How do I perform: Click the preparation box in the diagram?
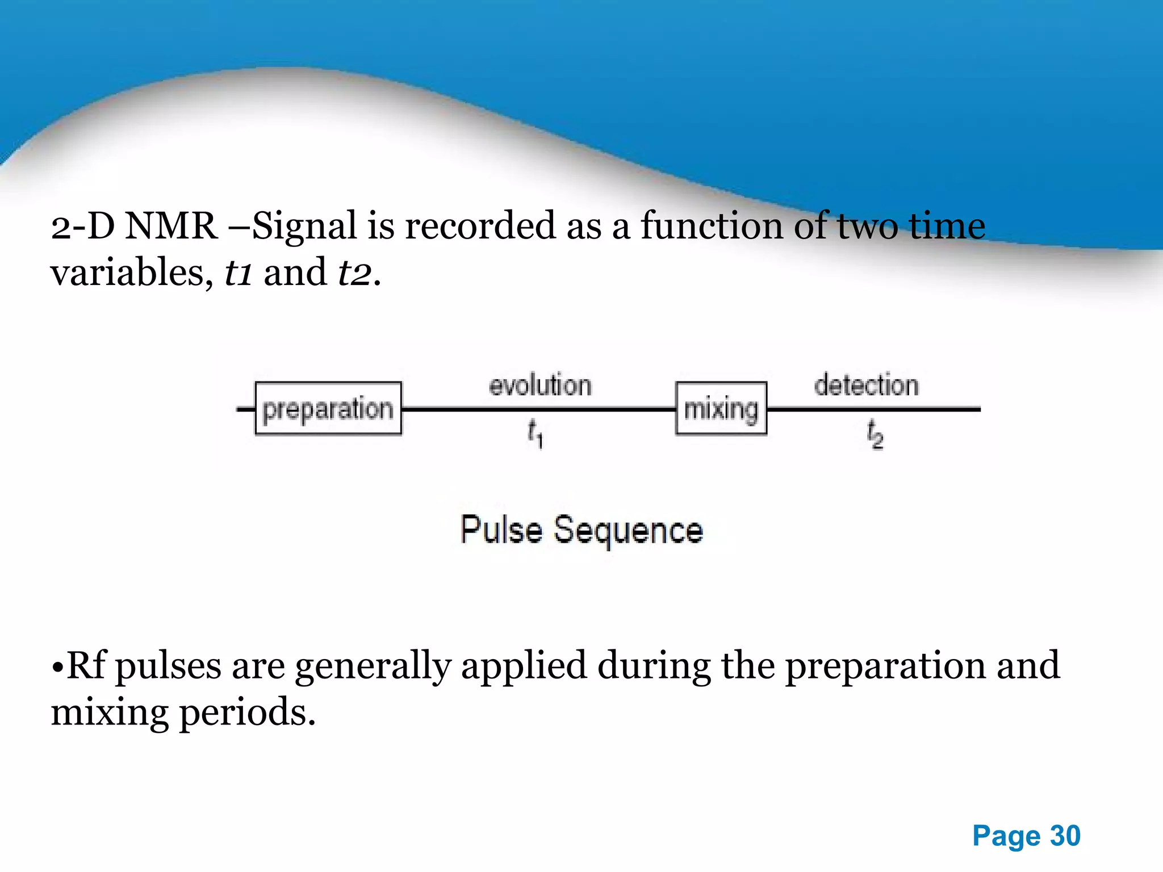[x=328, y=409]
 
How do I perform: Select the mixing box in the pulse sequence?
[x=721, y=409]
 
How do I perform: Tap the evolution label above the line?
[x=540, y=385]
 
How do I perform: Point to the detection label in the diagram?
[x=866, y=385]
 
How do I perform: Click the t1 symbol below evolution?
[x=535, y=434]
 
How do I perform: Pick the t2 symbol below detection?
[x=875, y=435]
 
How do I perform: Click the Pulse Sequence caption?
[x=581, y=530]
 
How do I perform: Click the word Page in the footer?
[x=1006, y=836]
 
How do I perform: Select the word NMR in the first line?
[x=171, y=226]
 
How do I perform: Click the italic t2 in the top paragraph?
[x=355, y=272]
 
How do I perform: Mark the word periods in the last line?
[x=248, y=713]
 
